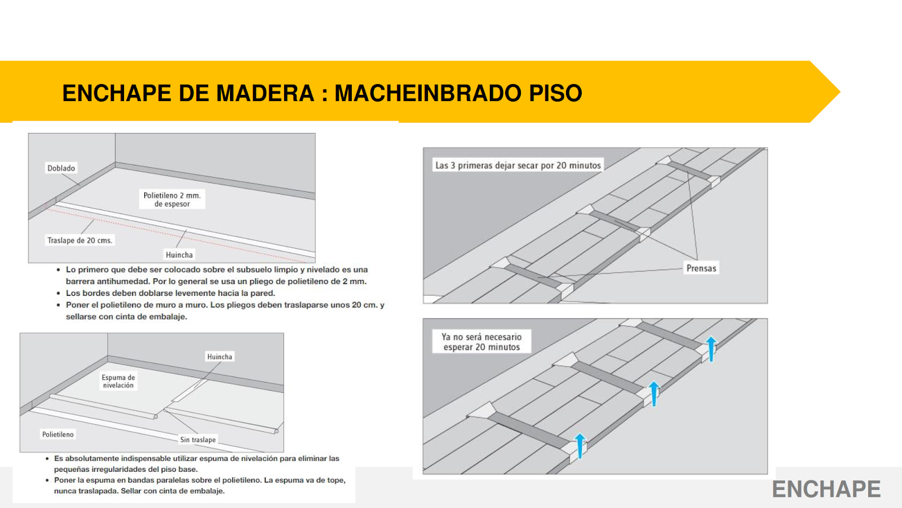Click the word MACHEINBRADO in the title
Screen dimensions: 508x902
428,93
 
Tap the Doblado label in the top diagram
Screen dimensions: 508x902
61,168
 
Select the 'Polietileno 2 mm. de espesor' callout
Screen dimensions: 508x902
172,199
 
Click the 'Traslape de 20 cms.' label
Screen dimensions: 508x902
79,240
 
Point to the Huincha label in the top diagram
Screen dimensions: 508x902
179,255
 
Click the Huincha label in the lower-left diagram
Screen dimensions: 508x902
219,357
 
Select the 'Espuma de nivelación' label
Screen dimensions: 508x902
118,381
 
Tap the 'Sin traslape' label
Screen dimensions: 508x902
198,440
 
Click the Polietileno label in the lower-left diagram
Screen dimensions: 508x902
58,434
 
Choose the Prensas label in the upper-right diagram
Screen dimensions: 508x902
701,268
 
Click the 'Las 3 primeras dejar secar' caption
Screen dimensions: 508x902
518,165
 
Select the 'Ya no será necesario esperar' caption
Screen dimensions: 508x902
481,342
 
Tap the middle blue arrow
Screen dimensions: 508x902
654,393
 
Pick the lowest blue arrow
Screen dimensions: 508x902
580,445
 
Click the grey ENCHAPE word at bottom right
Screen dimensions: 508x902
826,489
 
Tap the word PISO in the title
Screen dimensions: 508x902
555,93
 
